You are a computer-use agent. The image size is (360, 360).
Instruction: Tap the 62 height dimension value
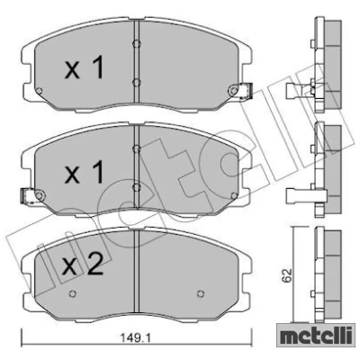(287, 275)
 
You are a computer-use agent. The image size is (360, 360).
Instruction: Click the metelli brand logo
(314, 337)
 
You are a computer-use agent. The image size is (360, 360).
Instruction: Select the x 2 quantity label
(82, 264)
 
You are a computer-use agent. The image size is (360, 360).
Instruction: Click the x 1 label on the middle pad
(84, 172)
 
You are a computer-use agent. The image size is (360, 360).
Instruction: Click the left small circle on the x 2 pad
(72, 293)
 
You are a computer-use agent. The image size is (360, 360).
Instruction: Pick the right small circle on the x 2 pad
(201, 293)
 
